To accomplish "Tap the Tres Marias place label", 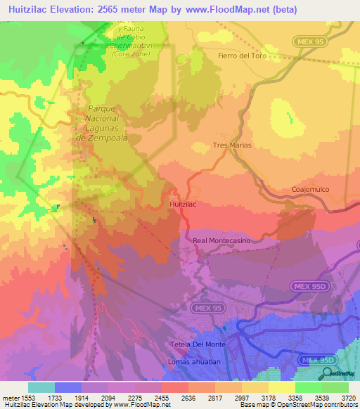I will (x=231, y=145).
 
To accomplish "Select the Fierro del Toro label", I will (x=243, y=56).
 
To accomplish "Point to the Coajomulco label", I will (x=310, y=190).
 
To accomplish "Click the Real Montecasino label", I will (x=221, y=240).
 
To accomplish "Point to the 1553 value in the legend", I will (x=27, y=397).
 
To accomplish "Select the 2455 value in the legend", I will (x=162, y=397).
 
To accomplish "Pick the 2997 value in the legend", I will (x=241, y=397).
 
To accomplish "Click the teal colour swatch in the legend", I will (x=41, y=387).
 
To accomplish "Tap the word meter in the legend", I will (x=9, y=397).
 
